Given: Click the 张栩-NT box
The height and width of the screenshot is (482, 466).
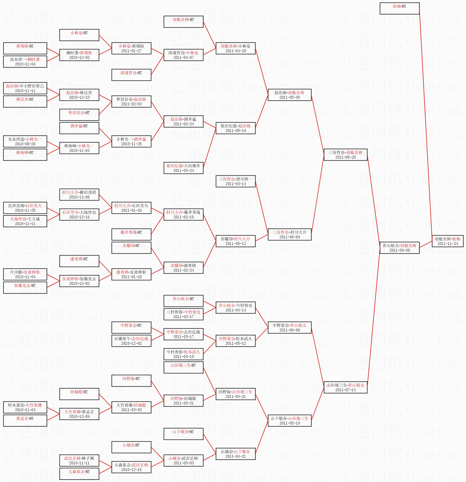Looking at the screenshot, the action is click(400, 8).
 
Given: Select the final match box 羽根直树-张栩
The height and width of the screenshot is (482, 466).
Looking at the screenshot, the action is click(448, 241).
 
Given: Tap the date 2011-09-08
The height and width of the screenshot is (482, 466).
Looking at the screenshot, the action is click(400, 250).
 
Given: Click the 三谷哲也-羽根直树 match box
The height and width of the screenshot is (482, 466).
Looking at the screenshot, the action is click(345, 155).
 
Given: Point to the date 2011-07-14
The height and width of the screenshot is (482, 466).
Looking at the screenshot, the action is click(345, 390).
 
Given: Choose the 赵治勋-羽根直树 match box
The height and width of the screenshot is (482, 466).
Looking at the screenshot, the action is click(290, 95).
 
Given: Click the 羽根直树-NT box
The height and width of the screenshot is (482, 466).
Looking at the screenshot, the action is click(183, 22).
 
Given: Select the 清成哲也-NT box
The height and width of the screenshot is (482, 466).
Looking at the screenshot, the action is click(131, 75).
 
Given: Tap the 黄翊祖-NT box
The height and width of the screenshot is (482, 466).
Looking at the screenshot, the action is click(25, 48).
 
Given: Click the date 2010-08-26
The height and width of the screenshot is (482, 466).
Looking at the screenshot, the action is click(25, 144).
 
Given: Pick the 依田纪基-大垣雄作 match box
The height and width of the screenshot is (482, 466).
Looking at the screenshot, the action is click(183, 168).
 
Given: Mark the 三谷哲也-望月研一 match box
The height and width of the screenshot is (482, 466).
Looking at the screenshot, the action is click(236, 181).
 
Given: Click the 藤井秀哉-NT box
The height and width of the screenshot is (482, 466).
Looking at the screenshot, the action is click(131, 234).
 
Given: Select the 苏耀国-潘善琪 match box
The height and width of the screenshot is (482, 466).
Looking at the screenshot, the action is click(183, 268).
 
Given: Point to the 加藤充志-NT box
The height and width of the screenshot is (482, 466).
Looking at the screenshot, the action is click(25, 288).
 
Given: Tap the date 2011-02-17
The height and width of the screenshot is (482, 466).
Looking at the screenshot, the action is click(183, 317).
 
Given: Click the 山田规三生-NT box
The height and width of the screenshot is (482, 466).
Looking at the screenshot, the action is click(183, 367).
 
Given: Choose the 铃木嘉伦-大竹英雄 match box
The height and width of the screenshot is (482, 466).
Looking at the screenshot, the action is click(25, 407).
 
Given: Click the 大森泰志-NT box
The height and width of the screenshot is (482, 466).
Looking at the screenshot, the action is click(79, 474).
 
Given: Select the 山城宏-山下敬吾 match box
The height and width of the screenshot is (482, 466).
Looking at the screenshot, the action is click(236, 454).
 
